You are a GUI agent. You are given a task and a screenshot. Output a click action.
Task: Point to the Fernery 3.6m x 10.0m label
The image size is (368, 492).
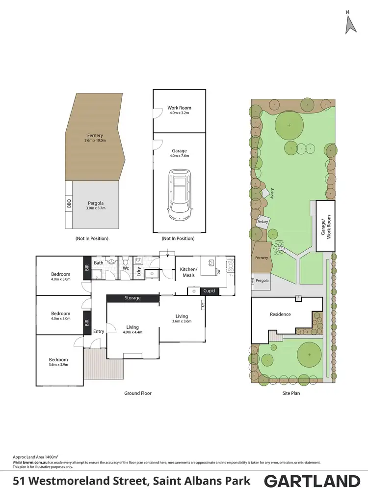click(x=95, y=137)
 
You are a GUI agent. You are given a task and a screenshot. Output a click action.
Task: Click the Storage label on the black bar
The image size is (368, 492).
click(x=132, y=298)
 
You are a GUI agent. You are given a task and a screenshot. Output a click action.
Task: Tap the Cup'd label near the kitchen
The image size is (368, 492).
click(x=209, y=291)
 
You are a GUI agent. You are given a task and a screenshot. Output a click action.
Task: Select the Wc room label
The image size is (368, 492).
click(x=126, y=268)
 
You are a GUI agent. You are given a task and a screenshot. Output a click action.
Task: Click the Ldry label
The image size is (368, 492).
click(x=139, y=271)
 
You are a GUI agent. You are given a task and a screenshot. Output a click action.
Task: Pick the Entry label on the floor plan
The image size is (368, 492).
click(x=99, y=331)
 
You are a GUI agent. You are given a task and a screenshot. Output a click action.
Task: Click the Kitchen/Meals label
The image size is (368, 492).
click(x=188, y=272)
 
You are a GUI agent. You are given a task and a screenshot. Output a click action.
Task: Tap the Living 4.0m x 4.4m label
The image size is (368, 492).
click(x=132, y=330)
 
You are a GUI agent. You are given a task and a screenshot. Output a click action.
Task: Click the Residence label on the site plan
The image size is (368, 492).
click(x=280, y=314)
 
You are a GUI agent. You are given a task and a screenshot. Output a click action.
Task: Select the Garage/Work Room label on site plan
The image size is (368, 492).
click(x=325, y=227)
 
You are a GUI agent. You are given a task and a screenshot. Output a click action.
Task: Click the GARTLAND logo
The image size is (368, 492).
click(x=312, y=481)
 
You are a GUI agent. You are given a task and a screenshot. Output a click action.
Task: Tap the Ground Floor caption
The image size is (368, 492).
click(x=138, y=393)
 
